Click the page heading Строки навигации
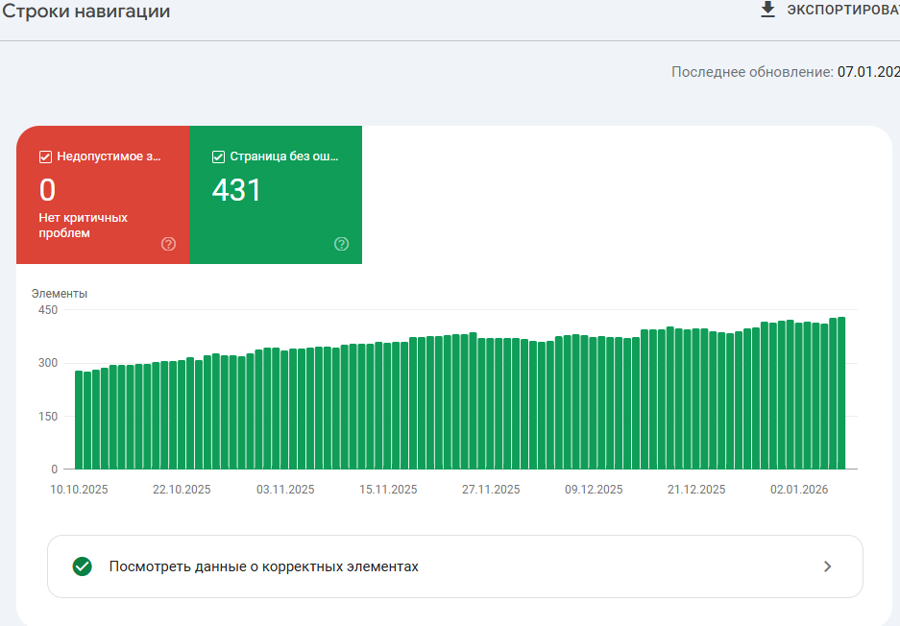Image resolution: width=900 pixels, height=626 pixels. pos(86,12)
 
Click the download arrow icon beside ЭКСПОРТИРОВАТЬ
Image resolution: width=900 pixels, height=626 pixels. pos(767,10)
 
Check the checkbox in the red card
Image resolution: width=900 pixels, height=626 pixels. pos(45,156)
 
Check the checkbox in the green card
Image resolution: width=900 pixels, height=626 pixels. pos(218,156)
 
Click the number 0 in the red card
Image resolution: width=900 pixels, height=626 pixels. pos(47,190)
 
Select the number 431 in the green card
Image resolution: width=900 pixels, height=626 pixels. pos(236,190)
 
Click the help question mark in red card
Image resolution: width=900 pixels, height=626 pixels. pos(169,244)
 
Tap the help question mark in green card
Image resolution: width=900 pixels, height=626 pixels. pos(341,244)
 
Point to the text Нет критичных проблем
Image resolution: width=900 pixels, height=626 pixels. pos(83,225)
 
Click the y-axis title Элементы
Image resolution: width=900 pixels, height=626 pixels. pos(60,294)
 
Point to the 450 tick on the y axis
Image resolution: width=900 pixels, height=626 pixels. pos(48,310)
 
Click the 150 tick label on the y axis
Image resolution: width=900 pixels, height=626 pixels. pos(48,417)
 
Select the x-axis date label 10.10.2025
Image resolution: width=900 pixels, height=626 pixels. pos(79,489)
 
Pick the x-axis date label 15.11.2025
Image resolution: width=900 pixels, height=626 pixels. pos(388,489)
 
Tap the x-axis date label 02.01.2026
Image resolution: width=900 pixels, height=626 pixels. pos(799,489)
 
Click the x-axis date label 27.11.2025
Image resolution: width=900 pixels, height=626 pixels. pos(491,489)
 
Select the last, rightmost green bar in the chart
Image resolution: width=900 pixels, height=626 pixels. pos(841,393)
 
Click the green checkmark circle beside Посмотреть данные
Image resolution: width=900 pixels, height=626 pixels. pos(83,566)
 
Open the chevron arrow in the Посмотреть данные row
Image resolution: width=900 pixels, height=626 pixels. pos(828,566)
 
